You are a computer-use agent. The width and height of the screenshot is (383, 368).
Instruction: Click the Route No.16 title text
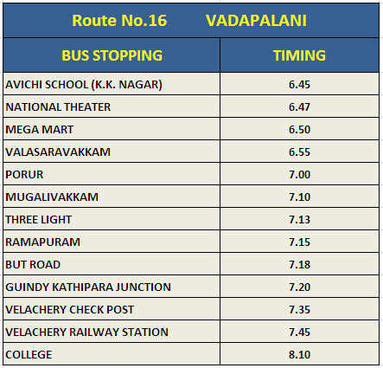coord(119,21)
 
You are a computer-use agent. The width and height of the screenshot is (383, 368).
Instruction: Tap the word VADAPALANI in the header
coord(256,21)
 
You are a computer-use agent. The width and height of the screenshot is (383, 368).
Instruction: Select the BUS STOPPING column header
coord(112,55)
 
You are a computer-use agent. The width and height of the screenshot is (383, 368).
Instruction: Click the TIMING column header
coord(299,55)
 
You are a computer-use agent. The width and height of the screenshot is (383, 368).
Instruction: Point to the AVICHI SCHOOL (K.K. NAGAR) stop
coord(84,85)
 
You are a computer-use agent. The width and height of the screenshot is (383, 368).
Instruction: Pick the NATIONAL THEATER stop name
coord(58,107)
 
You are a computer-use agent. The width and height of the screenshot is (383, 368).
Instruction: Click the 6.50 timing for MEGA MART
coord(299,130)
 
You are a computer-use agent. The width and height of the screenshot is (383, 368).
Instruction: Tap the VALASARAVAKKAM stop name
coord(58,152)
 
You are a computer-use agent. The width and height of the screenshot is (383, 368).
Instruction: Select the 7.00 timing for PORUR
coord(299,175)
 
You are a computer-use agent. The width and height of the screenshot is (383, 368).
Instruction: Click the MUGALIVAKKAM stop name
coord(52,197)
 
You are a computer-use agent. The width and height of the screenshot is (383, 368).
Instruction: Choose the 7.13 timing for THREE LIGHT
coord(299,220)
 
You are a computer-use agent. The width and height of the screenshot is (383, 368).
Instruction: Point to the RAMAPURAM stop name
coord(42,242)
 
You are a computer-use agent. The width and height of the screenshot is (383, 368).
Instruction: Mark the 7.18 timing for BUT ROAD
coord(299,265)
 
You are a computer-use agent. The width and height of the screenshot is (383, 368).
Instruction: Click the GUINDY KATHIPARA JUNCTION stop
coord(88,287)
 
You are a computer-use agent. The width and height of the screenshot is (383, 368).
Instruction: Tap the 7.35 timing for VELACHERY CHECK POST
coord(299,310)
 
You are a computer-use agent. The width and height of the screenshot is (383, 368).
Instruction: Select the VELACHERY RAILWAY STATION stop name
coord(86,332)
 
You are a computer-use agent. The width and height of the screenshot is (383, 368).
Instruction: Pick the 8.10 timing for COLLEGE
coord(299,355)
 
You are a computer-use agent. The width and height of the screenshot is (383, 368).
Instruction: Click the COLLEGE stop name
coord(29,355)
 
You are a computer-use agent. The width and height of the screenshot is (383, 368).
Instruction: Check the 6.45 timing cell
coord(299,85)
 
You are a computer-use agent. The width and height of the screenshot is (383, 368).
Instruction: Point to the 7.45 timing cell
coord(299,332)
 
